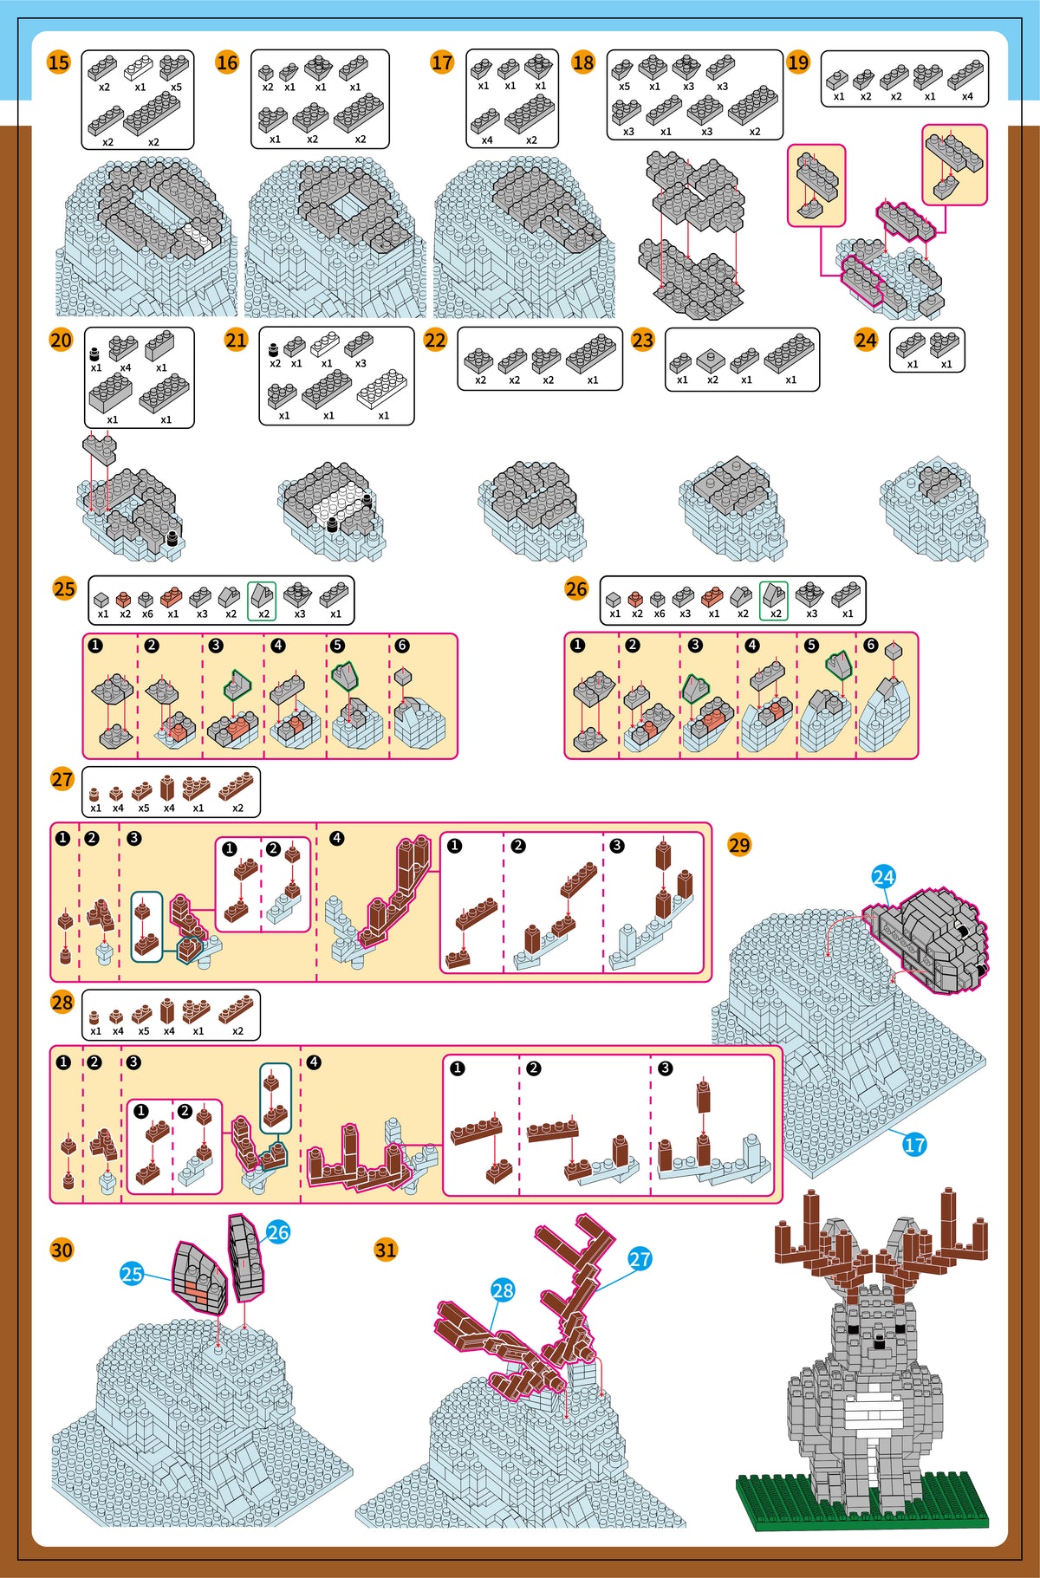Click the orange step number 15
pyautogui.click(x=58, y=62)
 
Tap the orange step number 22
pyautogui.click(x=435, y=340)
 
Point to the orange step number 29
pyautogui.click(x=739, y=845)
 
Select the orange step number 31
pyautogui.click(x=386, y=1250)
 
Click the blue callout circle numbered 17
pyautogui.click(x=914, y=1145)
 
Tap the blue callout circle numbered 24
pyautogui.click(x=883, y=877)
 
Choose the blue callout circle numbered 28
pyautogui.click(x=503, y=1290)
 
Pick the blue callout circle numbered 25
pyautogui.click(x=132, y=1274)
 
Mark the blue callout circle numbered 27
pyautogui.click(x=640, y=1259)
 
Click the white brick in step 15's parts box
pyautogui.click(x=140, y=68)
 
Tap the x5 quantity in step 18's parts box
pyautogui.click(x=624, y=87)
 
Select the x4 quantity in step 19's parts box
pyautogui.click(x=967, y=96)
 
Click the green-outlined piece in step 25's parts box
pyautogui.click(x=262, y=594)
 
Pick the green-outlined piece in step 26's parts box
pyautogui.click(x=774, y=594)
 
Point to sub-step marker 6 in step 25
pyautogui.click(x=401, y=646)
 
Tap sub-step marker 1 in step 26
pyautogui.click(x=578, y=645)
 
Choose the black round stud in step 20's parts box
pyautogui.click(x=95, y=353)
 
